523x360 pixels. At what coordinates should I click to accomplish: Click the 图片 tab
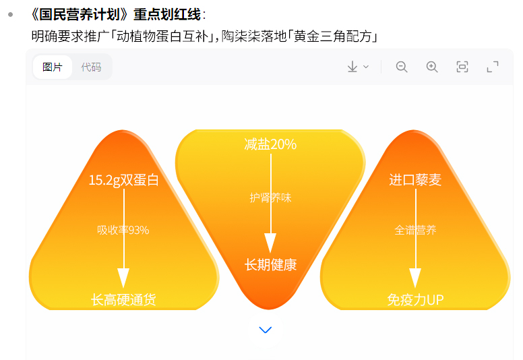53,67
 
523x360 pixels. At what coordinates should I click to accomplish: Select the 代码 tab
91,67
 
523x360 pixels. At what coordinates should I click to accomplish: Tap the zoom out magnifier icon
402,67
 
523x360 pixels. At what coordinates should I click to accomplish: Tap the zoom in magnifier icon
432,67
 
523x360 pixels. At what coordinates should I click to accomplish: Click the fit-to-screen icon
462,67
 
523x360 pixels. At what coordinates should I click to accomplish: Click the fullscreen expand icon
493,67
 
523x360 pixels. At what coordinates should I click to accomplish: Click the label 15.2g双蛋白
124,180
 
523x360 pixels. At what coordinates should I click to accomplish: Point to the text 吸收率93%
123,230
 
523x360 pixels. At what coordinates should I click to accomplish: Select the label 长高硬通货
124,299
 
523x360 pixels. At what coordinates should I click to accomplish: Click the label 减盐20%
270,144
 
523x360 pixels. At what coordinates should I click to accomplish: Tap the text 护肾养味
270,198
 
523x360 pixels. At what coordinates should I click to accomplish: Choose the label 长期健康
270,264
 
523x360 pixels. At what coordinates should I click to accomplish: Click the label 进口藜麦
415,180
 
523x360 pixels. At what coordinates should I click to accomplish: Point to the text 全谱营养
415,230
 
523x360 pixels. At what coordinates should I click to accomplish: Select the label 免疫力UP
415,299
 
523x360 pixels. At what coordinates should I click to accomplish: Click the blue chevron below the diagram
266,330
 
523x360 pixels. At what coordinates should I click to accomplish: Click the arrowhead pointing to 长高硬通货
123,278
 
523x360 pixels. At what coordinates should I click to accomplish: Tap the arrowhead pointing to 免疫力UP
415,278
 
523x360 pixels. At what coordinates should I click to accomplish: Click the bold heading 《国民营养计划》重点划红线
117,15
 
